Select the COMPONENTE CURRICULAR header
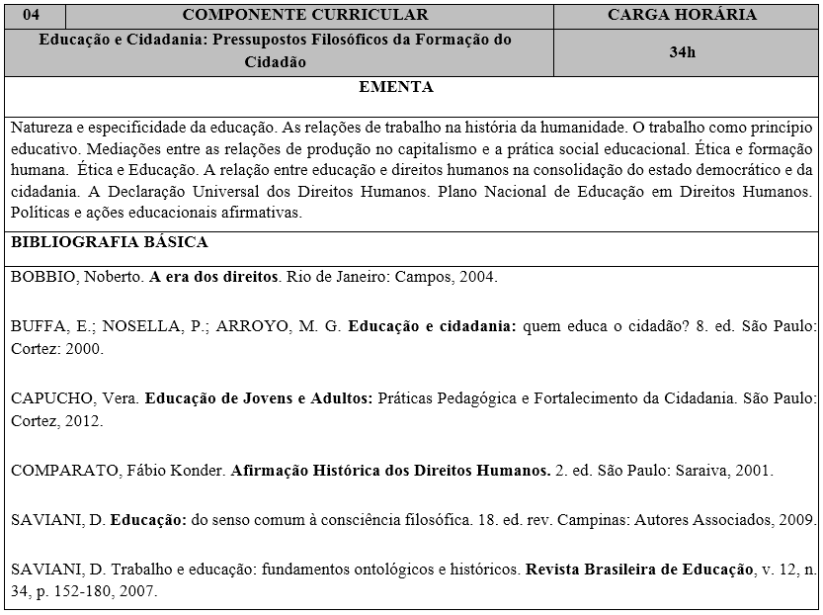(x=305, y=14)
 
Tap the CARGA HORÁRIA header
(x=682, y=14)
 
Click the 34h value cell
(x=682, y=52)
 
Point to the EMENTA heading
(x=396, y=87)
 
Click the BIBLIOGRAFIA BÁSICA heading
(x=109, y=242)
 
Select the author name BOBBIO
(x=42, y=277)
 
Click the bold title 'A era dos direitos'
(x=213, y=277)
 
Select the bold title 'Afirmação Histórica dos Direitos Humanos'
(x=390, y=471)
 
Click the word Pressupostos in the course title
(x=285, y=41)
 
